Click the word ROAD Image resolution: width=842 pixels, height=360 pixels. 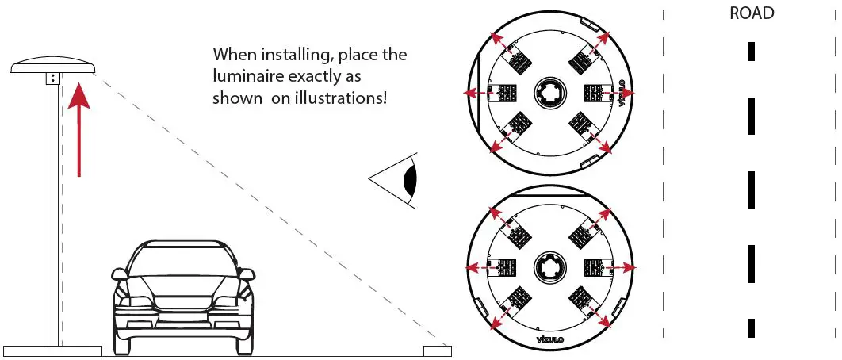pyautogui.click(x=752, y=13)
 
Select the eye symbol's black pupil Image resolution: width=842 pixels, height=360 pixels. pyautogui.click(x=410, y=182)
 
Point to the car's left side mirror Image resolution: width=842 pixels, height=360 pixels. pyautogui.click(x=119, y=274)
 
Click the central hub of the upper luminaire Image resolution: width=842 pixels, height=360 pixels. pyautogui.click(x=549, y=93)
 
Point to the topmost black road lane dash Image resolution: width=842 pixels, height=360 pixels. pyautogui.click(x=752, y=52)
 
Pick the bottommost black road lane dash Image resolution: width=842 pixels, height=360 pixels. pyautogui.click(x=752, y=327)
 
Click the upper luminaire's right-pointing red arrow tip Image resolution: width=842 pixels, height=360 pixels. pyautogui.click(x=631, y=93)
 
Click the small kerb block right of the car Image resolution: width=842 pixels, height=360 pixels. pyautogui.click(x=438, y=350)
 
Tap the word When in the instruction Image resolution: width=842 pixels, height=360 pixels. pyautogui.click(x=235, y=56)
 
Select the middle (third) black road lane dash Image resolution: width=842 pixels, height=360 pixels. pyautogui.click(x=752, y=190)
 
